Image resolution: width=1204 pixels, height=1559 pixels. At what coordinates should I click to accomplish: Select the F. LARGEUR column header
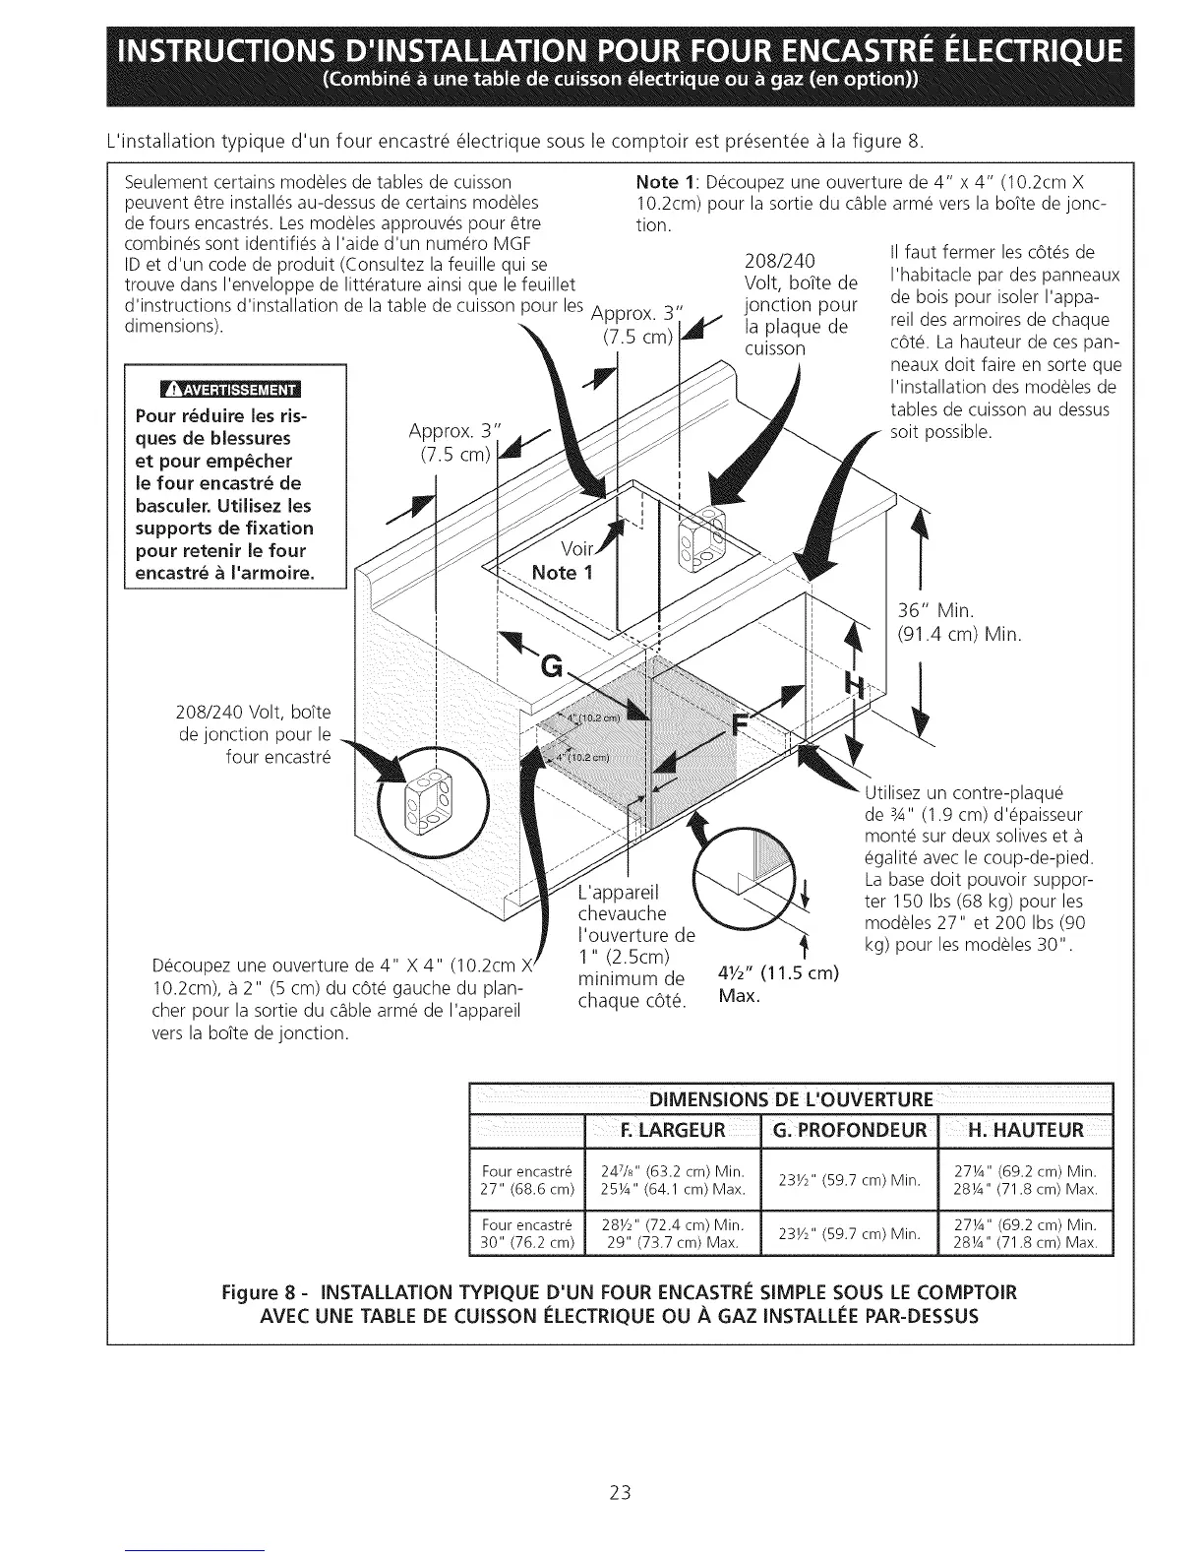pyautogui.click(x=674, y=1129)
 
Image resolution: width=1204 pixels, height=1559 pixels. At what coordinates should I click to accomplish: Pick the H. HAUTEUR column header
pyautogui.click(x=1026, y=1129)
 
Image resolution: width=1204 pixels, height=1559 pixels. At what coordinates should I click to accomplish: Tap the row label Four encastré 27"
pyautogui.click(x=527, y=1179)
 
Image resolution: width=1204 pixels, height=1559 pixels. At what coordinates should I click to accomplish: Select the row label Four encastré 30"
pyautogui.click(x=527, y=1232)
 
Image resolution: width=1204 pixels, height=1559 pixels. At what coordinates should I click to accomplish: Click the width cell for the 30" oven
pyautogui.click(x=674, y=1232)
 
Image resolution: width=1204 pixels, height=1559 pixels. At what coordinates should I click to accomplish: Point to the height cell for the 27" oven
pyautogui.click(x=1026, y=1179)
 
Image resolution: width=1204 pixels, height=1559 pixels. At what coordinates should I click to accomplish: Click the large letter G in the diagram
pyautogui.click(x=553, y=669)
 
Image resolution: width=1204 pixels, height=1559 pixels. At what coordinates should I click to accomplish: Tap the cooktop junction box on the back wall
pyautogui.click(x=703, y=540)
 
